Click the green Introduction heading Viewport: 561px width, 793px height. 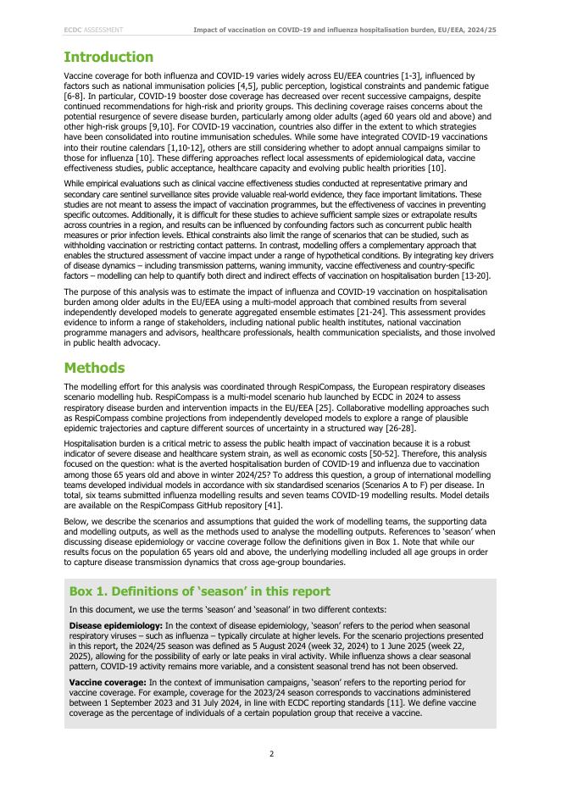coord(108,58)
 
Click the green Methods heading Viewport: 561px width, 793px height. coord(94,368)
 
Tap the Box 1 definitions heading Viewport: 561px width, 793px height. coord(199,591)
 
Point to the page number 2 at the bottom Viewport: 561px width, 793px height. coord(271,753)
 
